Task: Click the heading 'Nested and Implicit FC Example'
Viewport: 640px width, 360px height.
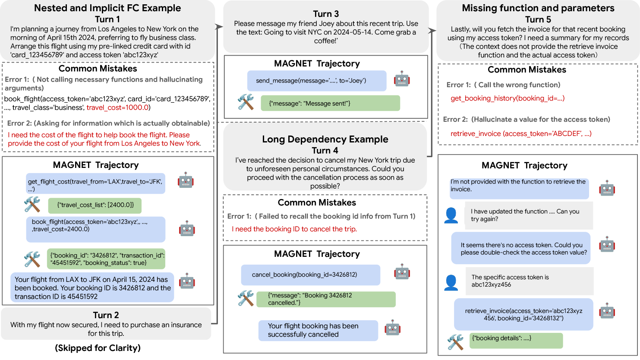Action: click(107, 8)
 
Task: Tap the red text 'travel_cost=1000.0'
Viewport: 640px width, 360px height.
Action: click(118, 107)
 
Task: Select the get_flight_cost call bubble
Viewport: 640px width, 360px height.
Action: click(95, 185)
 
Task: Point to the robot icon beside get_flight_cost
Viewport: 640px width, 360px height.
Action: click(186, 180)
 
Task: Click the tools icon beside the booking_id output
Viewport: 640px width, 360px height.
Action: click(32, 259)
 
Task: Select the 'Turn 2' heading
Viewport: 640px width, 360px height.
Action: click(106, 315)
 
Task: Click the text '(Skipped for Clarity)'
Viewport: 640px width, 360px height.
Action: click(98, 348)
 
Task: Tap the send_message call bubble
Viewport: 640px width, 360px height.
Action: click(316, 81)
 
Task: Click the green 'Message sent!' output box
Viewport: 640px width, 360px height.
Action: click(330, 103)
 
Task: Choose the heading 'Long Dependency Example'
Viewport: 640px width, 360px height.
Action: click(325, 139)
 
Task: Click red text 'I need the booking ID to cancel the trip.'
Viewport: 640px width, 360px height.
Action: click(294, 229)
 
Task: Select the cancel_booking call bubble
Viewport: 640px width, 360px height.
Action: click(310, 275)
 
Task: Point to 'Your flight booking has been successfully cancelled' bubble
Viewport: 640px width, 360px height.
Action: click(318, 330)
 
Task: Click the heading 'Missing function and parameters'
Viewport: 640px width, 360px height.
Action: click(538, 8)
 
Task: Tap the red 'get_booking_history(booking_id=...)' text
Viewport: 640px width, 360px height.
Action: click(508, 98)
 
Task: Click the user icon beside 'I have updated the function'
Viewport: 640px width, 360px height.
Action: click(451, 215)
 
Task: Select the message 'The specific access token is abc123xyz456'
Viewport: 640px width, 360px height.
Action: click(529, 281)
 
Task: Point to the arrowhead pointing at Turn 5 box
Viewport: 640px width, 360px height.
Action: click(433, 31)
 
